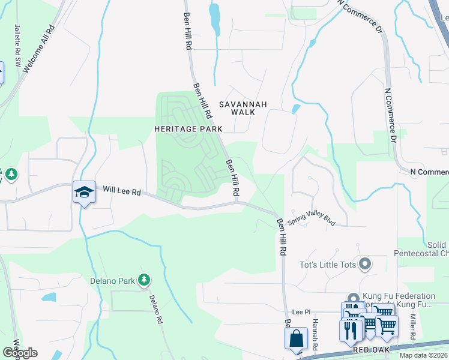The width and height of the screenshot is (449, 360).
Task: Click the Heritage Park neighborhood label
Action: point(188,129)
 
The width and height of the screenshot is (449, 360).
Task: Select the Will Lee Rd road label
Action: point(121,192)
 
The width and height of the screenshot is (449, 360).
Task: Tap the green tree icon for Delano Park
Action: point(143,279)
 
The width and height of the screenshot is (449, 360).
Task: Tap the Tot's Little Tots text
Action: point(327,264)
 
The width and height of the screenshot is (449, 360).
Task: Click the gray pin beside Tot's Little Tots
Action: point(364,264)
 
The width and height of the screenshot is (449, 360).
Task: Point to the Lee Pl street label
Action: point(301,312)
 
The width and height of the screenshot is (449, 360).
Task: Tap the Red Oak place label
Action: point(371,349)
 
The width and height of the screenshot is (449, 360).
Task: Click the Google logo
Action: point(20,353)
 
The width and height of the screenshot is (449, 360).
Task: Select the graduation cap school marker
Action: point(84,193)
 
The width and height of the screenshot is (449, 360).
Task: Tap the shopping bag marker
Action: point(296,337)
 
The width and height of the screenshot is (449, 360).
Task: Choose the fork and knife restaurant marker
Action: point(350,331)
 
